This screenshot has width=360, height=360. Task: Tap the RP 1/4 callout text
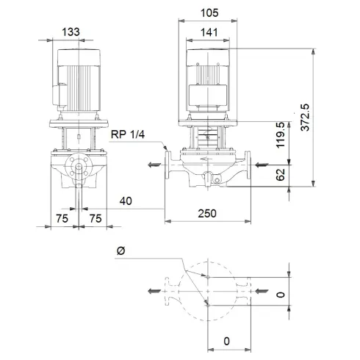[x=128, y=134]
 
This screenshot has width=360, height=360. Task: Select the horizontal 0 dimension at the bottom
[x=227, y=340]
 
